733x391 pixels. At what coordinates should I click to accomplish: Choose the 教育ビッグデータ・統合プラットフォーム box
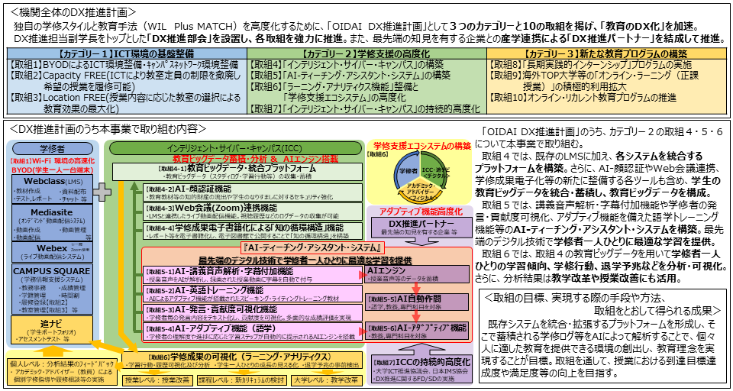(229, 170)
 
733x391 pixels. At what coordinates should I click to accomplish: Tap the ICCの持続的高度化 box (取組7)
(412, 367)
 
